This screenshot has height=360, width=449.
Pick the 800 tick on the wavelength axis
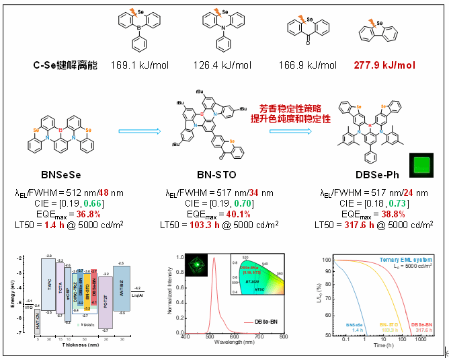click(284, 340)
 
